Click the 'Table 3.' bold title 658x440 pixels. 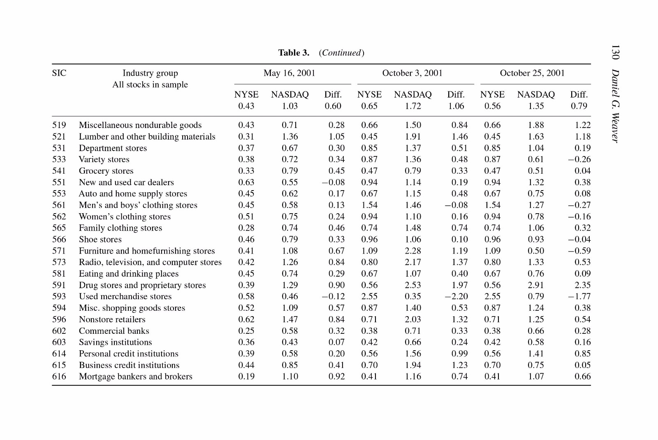tap(294, 53)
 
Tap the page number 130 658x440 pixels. tap(615, 52)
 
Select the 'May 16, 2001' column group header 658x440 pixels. tap(290, 73)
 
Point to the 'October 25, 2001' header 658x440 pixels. tap(532, 73)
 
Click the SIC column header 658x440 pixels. tap(59, 73)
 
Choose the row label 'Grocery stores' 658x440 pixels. tap(106, 171)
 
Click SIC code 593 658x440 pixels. tap(59, 297)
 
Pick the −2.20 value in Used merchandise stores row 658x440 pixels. tap(456, 297)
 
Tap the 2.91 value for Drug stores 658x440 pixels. tap(536, 285)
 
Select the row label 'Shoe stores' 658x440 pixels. tap(100, 240)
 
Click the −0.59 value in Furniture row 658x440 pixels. tap(579, 251)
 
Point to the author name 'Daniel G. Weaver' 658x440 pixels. tap(615, 106)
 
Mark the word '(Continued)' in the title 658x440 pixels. tap(342, 53)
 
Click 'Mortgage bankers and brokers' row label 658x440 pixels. tap(136, 377)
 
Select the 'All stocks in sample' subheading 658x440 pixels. tap(150, 85)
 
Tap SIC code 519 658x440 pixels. tap(59, 125)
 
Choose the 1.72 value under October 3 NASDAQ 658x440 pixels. tap(413, 106)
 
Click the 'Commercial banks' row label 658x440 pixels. tap(114, 331)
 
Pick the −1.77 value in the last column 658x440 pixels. tap(579, 297)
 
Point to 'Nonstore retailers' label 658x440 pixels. tap(112, 319)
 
